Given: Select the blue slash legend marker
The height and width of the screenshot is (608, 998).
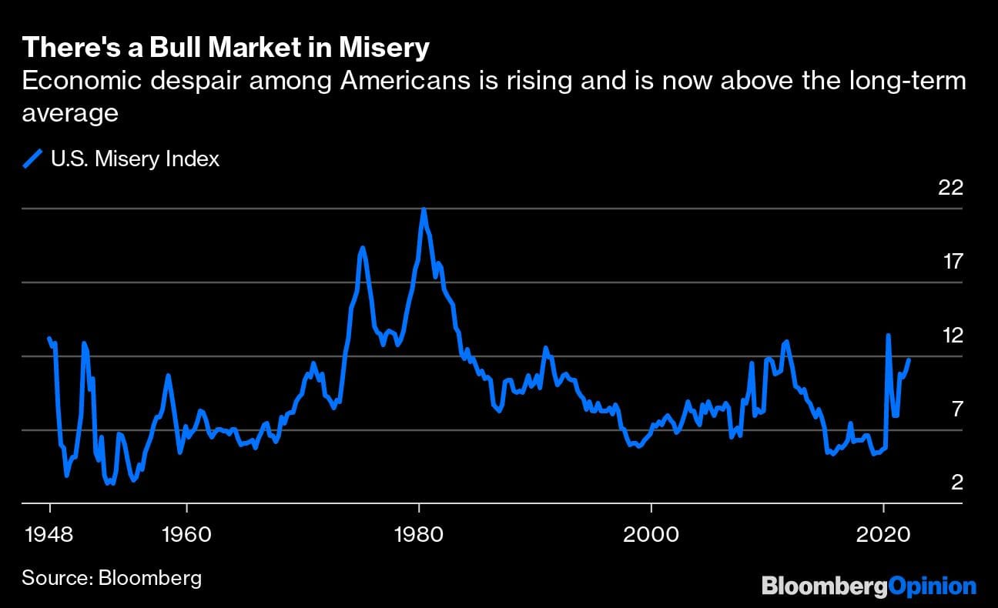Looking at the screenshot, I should coord(33,159).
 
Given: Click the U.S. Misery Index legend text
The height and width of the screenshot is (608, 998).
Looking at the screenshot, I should coord(135,159).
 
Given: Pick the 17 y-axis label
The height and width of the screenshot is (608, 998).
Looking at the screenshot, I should coord(953,262).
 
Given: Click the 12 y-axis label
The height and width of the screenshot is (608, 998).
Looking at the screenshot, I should coord(953,336).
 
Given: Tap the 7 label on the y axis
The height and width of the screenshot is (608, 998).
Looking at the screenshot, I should coord(957,409).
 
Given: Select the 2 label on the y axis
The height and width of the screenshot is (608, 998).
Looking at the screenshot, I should coord(957,483).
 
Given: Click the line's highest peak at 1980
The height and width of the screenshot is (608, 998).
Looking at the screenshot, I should coord(424,209).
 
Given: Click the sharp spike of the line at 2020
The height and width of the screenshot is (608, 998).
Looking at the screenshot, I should coord(888,336).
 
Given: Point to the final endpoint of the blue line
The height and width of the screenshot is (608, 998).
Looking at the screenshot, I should coord(909,359).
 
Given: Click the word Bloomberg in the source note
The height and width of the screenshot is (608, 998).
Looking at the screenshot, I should coord(150,578).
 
